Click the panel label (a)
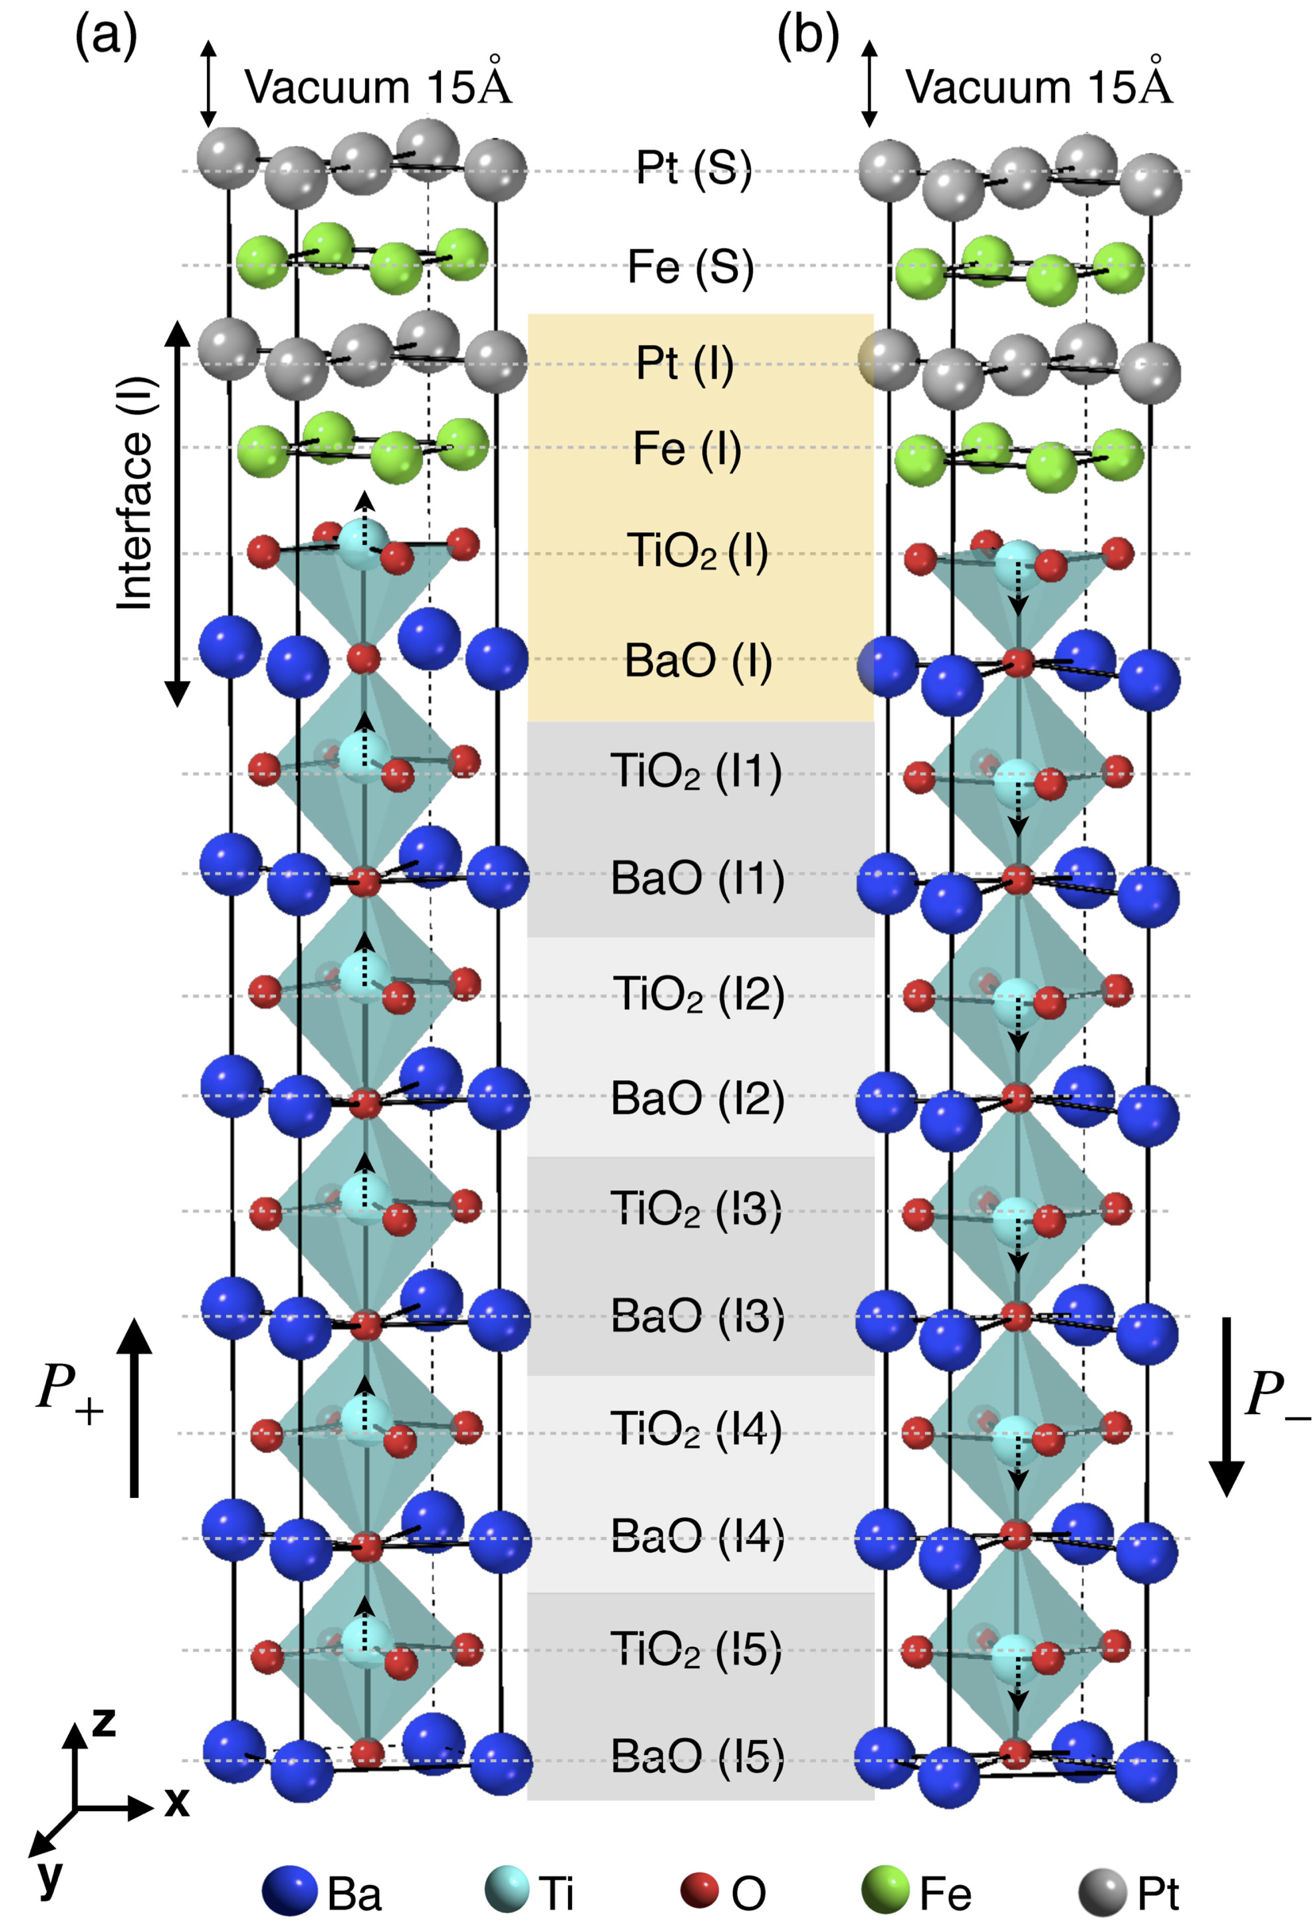pos(106,37)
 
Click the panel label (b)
pos(808,37)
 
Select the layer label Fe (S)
pos(690,267)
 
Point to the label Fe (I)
pos(687,449)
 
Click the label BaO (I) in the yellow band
pos(697,661)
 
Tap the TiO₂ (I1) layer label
pos(696,771)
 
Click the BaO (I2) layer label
pos(697,1098)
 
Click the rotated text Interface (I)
pos(135,494)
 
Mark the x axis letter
pos(177,1801)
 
